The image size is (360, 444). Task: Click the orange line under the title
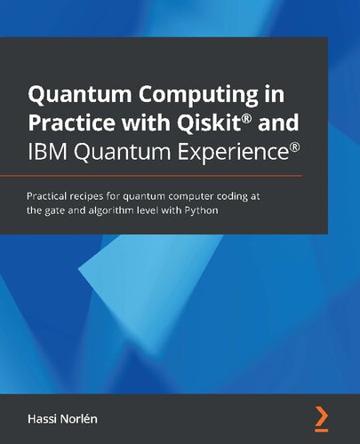[178, 177]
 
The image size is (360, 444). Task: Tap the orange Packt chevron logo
[321, 415]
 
